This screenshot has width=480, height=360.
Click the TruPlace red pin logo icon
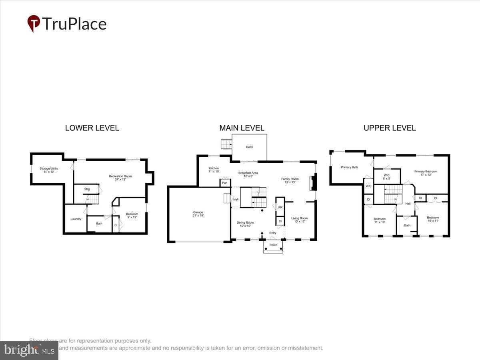(34, 23)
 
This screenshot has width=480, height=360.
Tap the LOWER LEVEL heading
(92, 128)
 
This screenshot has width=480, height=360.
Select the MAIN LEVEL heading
(242, 128)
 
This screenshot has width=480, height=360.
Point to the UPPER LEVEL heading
(389, 128)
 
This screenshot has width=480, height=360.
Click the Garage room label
(198, 212)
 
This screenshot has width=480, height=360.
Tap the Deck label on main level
(250, 147)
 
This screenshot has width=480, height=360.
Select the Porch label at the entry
(273, 245)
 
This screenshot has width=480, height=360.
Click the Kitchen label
(214, 168)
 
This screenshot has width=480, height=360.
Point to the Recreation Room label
(120, 176)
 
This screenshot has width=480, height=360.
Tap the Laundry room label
(76, 219)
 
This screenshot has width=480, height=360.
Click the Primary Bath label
(349, 167)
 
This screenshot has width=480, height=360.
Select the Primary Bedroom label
(426, 172)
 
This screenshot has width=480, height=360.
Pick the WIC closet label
(387, 175)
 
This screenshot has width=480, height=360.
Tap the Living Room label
(300, 218)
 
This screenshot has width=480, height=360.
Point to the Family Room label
(290, 179)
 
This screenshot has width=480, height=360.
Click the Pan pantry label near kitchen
(224, 183)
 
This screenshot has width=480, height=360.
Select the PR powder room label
(280, 207)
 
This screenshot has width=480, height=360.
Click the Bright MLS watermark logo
(29, 350)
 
